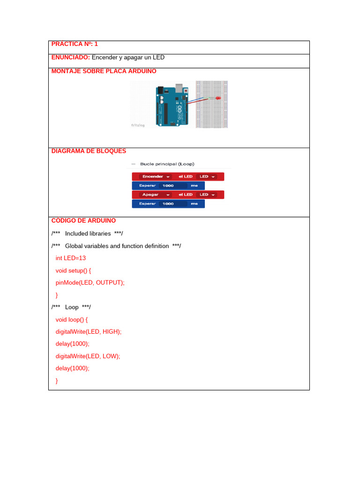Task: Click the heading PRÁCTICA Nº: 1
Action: click(x=75, y=44)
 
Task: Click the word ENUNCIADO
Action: click(x=70, y=58)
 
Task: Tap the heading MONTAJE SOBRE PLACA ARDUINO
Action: click(x=104, y=71)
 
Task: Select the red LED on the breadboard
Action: click(x=219, y=98)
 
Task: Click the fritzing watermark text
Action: click(x=138, y=125)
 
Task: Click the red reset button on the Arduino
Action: click(x=187, y=90)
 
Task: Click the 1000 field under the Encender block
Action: click(x=168, y=186)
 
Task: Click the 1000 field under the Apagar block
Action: click(x=168, y=204)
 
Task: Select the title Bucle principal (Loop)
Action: click(x=167, y=164)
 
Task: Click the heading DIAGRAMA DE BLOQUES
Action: click(x=89, y=151)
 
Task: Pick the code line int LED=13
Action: click(x=70, y=258)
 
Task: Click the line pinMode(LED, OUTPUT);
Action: click(x=90, y=283)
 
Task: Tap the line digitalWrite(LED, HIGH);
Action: click(x=88, y=331)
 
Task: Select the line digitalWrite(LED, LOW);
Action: click(x=88, y=356)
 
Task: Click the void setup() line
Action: click(x=73, y=270)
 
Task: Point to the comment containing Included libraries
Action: click(x=87, y=233)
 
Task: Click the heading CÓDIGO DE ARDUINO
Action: click(x=83, y=221)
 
